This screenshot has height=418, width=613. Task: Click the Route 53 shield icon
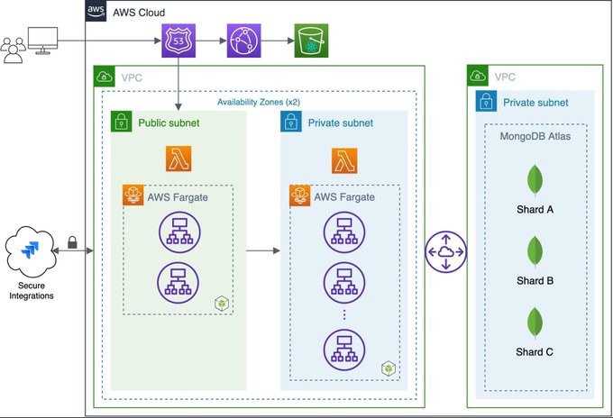pos(178,41)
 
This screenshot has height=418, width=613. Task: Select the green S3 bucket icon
pos(311,41)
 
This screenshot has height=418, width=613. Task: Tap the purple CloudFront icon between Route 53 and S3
pos(244,41)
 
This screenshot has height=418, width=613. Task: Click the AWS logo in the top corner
pos(96,11)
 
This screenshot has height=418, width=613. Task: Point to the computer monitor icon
pos(43,41)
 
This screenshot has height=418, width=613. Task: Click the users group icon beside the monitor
pos(13,50)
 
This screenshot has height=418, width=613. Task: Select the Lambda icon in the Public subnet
pos(178,159)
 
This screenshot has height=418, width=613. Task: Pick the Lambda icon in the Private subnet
pos(344,160)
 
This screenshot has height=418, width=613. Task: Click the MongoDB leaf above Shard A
pos(535,180)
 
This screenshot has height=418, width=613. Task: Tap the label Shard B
pos(535,280)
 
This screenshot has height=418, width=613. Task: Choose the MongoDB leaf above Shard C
pos(535,323)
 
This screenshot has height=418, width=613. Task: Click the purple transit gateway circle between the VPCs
pos(446,252)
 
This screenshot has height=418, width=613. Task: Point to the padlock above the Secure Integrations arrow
pos(72,242)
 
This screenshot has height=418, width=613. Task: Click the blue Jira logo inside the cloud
pos(30,250)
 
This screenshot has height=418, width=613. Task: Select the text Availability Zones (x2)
pos(259,103)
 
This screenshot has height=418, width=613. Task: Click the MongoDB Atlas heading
pos(535,136)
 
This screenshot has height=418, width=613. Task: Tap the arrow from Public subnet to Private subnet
pos(263,250)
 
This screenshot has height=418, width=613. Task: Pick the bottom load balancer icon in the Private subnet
pos(344,350)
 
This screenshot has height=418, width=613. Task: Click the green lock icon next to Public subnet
pos(121,122)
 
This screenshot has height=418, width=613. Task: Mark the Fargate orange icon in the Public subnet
pos(133,195)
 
